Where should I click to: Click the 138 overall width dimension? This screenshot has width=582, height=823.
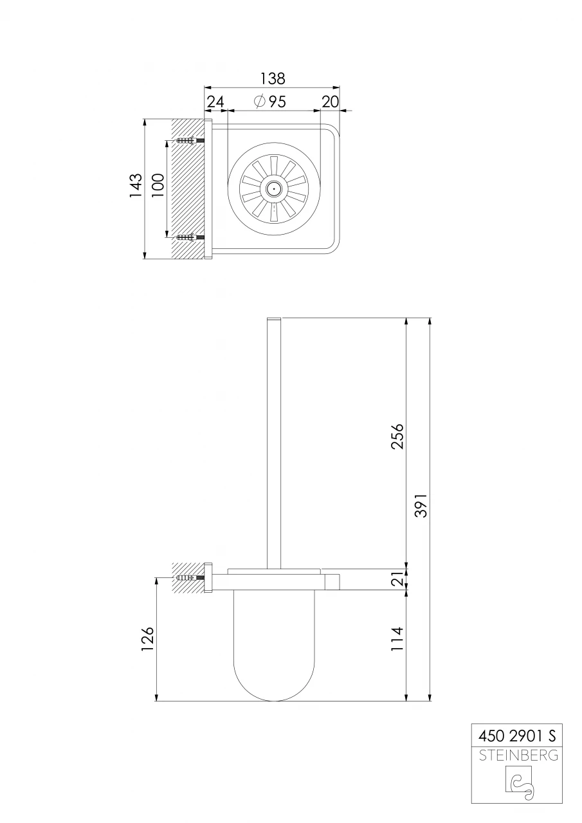pos(272,78)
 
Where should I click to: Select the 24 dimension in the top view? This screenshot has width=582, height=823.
pos(215,102)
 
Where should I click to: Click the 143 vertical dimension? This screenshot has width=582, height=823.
pos(136,186)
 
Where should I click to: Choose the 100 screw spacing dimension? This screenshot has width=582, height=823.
pos(158,186)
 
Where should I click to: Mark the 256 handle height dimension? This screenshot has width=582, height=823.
pos(397,436)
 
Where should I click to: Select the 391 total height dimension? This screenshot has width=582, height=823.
pos(421,505)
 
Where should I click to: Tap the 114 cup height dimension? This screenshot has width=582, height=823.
pos(397,640)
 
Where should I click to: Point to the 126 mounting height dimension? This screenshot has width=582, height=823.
pos(148,640)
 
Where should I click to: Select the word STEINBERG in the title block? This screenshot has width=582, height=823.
pos(518,755)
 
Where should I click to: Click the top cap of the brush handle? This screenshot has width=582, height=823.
pos(274,320)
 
